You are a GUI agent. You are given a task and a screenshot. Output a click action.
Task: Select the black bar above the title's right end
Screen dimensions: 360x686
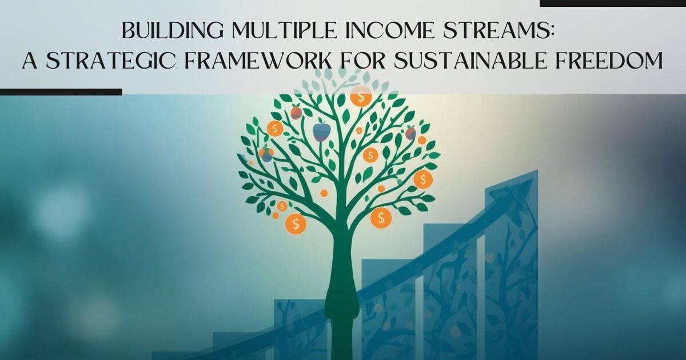click(612, 3)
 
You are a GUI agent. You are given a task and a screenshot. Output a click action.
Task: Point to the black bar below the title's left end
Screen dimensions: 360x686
click(61, 91)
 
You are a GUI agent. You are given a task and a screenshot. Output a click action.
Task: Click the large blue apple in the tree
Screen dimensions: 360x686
click(321, 132)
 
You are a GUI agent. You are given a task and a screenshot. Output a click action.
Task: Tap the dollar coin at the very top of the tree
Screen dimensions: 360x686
click(361, 97)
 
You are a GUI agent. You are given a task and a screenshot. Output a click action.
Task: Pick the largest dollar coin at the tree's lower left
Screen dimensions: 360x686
click(296, 223)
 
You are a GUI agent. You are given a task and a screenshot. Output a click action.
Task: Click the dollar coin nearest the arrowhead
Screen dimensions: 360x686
click(423, 179)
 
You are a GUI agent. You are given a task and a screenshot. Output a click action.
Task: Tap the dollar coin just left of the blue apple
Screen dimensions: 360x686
click(275, 129)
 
